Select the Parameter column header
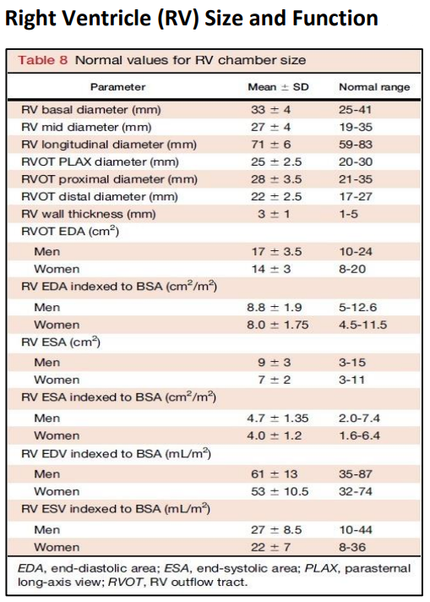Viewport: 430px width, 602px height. [x=117, y=86]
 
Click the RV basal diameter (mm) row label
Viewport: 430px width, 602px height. [x=90, y=110]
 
